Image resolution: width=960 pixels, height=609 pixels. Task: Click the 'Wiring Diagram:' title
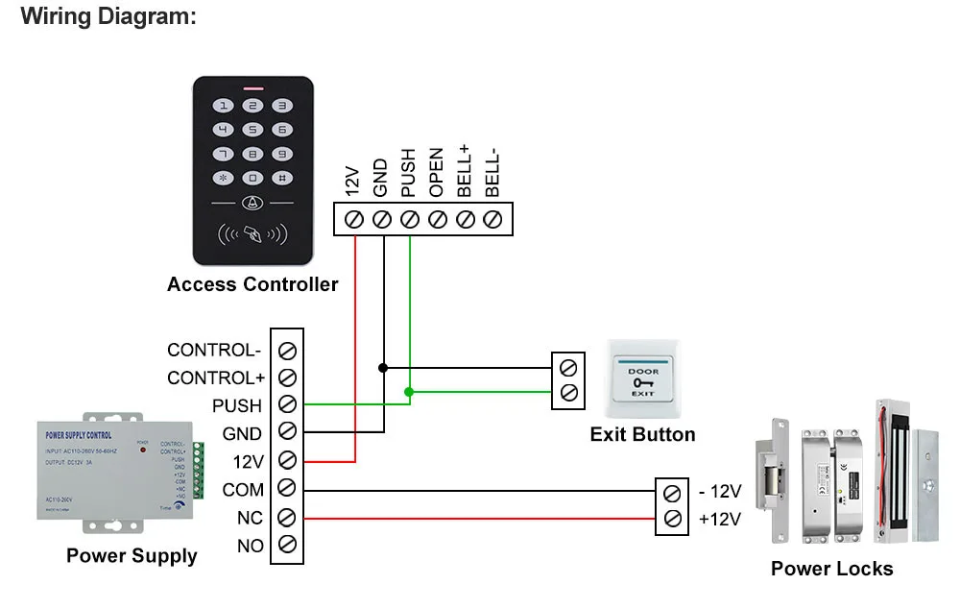108,16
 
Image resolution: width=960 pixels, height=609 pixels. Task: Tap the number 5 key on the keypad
252,130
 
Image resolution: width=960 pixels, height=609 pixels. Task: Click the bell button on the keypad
252,203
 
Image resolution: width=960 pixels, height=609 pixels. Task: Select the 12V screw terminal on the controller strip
352,219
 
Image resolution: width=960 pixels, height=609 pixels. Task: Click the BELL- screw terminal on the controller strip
493,219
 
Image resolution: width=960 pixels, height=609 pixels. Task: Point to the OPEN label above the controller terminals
437,173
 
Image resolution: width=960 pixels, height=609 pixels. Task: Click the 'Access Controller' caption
252,284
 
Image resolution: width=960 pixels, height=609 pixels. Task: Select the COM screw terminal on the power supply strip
286,489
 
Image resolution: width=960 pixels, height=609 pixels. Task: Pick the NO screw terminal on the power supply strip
286,546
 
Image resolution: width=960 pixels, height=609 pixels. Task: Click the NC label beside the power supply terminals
250,519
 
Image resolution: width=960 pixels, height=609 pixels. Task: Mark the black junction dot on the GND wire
383,367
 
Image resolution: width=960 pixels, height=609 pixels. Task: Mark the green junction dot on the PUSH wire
410,391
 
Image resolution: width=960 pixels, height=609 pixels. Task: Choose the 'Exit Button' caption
642,434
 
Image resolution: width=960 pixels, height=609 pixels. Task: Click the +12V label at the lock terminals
720,520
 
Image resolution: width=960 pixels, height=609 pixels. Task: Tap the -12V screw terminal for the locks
673,493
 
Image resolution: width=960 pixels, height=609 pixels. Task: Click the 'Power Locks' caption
831,569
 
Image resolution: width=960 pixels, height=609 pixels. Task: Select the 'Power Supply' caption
132,555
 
